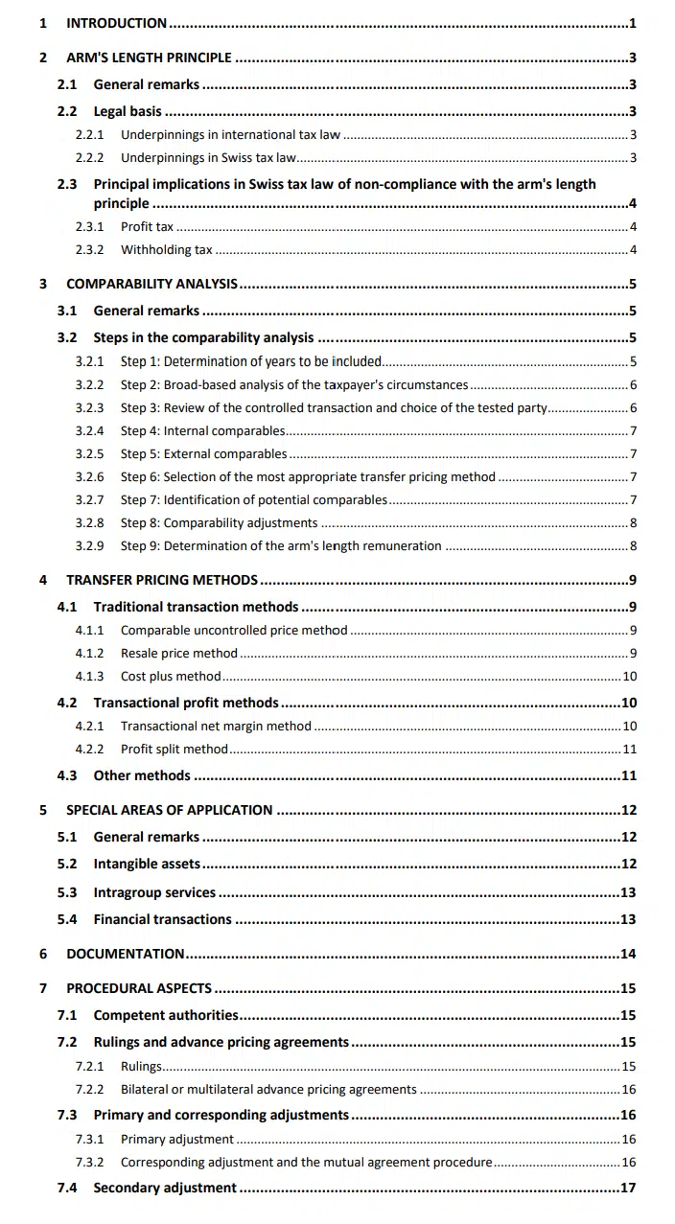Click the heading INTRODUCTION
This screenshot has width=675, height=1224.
coord(116,23)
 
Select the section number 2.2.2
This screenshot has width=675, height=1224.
coord(90,157)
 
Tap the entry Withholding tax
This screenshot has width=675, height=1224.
coord(166,250)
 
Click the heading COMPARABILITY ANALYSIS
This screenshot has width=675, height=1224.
coord(151,284)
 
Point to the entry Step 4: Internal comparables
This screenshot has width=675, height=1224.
coord(202,431)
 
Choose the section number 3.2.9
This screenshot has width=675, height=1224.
coord(90,546)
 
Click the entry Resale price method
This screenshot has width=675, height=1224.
coord(178,654)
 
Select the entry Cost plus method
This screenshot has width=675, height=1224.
coord(171,677)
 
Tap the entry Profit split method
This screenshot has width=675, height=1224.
coord(175,750)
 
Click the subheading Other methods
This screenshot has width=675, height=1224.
coord(142,775)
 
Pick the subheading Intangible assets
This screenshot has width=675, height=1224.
coord(147,864)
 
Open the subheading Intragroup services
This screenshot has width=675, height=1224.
coord(154,892)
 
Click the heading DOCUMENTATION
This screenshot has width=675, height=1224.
coord(125,954)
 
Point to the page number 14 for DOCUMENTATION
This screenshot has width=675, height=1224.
coord(628,954)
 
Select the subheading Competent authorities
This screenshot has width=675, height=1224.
coord(165,1015)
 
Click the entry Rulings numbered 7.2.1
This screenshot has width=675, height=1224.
coord(141,1066)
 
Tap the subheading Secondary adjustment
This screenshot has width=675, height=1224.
coord(164,1188)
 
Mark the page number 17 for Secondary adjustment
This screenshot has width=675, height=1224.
coord(628,1188)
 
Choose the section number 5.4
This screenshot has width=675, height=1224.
coord(67,919)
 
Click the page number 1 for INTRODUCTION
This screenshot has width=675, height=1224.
coord(633,23)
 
